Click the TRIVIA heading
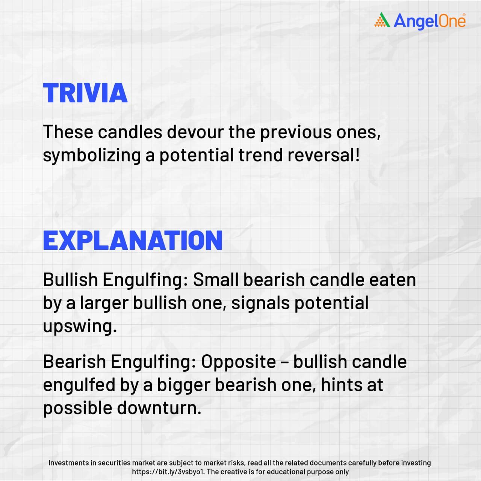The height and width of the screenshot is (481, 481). pyautogui.click(x=85, y=93)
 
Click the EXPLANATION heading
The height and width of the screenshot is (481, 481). pyautogui.click(x=133, y=240)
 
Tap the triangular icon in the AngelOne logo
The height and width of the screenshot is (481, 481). pyautogui.click(x=382, y=20)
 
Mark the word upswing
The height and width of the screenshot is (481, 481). pyautogui.click(x=80, y=327)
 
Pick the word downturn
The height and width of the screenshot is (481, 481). pyautogui.click(x=159, y=408)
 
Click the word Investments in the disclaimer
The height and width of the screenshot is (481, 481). pyautogui.click(x=69, y=463)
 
